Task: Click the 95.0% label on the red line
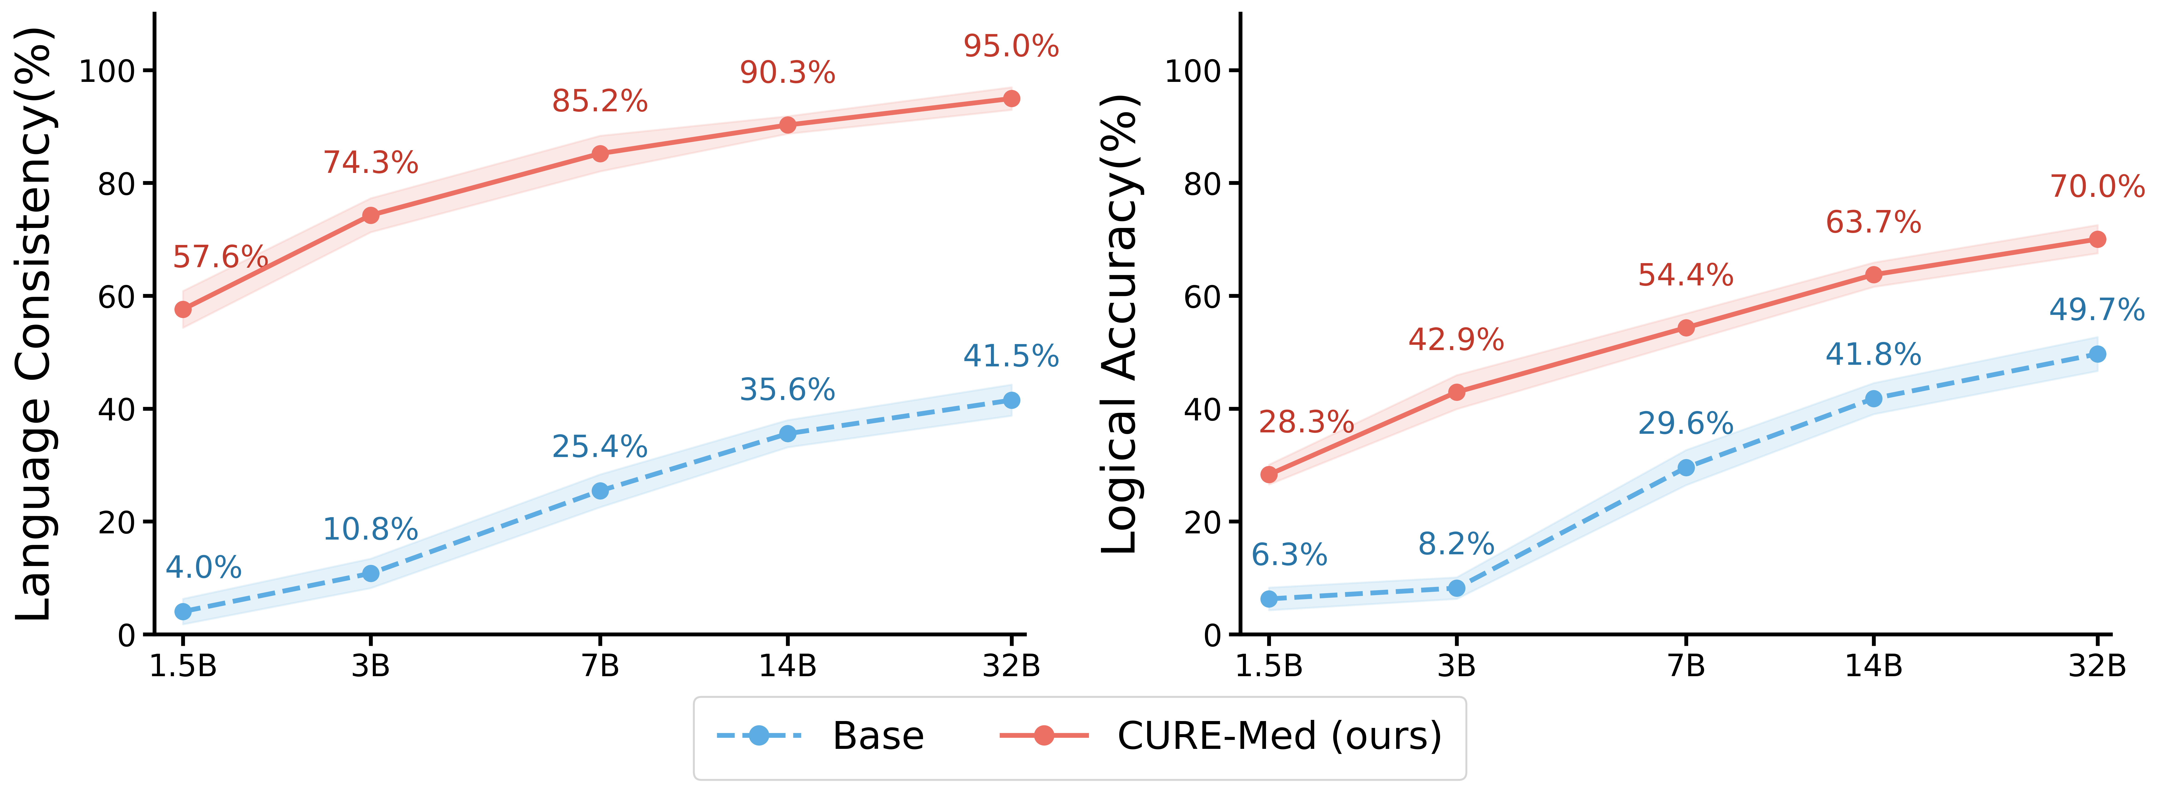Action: coord(1011,46)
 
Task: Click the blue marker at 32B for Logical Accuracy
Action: coord(2097,354)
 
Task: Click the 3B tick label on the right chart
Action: coord(1456,667)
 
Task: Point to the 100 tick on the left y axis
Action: coord(107,71)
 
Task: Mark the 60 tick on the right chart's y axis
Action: coord(1202,297)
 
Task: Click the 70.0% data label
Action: coord(2097,186)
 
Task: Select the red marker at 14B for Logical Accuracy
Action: coord(1873,274)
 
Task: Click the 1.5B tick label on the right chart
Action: coord(1269,667)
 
